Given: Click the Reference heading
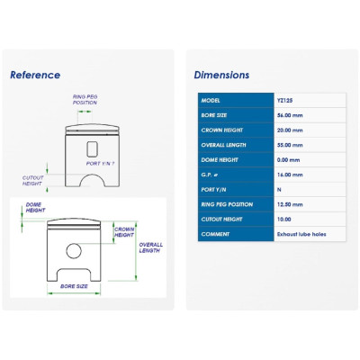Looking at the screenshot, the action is point(35,75).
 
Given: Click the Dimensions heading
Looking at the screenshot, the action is point(221,75).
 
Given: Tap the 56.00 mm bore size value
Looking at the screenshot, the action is point(290,115).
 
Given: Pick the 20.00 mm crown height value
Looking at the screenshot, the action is point(290,130).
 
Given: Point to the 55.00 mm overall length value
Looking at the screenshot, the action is point(290,145).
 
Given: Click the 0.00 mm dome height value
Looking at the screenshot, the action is point(288,160).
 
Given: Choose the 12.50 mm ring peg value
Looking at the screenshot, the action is point(290,204).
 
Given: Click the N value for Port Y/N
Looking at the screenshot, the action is point(279,190).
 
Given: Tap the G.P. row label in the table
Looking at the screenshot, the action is point(210,175).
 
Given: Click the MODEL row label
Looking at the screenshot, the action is point(211,101).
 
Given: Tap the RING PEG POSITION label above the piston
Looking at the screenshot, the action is point(85,100).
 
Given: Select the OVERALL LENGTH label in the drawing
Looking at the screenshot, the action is point(150,247).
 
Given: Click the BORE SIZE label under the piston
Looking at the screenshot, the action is point(74,286).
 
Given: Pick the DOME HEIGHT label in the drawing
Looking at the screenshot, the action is point(35,207).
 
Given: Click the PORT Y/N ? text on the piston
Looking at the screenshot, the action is point(100,164).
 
